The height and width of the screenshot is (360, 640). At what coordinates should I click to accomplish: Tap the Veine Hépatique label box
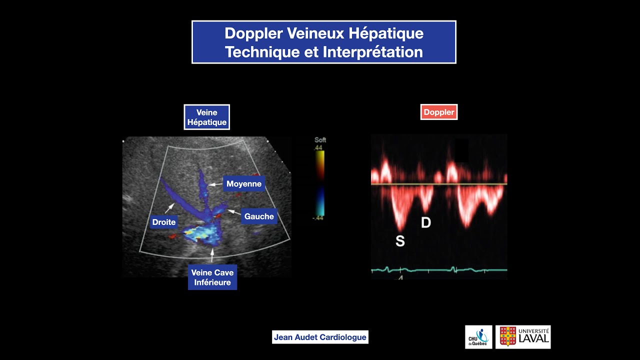206,117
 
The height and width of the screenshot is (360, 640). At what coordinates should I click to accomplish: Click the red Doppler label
439,112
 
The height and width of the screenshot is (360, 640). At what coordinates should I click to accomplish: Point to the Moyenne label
244,184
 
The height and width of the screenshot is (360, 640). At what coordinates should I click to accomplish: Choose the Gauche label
259,216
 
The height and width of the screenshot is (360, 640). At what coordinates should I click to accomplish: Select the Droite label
164,222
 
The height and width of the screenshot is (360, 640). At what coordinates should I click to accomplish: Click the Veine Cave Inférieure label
212,277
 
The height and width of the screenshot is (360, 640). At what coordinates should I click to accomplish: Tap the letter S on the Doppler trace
400,241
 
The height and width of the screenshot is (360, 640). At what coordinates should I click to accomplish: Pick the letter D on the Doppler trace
426,222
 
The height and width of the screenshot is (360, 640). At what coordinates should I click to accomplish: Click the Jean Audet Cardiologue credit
320,337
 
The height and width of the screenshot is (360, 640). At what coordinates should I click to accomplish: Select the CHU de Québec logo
478,337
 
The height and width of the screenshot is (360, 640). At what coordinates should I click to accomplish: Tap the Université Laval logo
523,337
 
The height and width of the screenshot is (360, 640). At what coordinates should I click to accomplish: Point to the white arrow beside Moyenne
215,184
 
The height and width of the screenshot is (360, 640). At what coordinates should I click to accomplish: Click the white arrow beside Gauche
233,212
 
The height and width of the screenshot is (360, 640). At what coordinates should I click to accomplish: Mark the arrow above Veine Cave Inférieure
212,255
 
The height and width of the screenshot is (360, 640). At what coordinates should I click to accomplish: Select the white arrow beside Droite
169,208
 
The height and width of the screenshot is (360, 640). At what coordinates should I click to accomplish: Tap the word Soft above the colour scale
320,140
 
